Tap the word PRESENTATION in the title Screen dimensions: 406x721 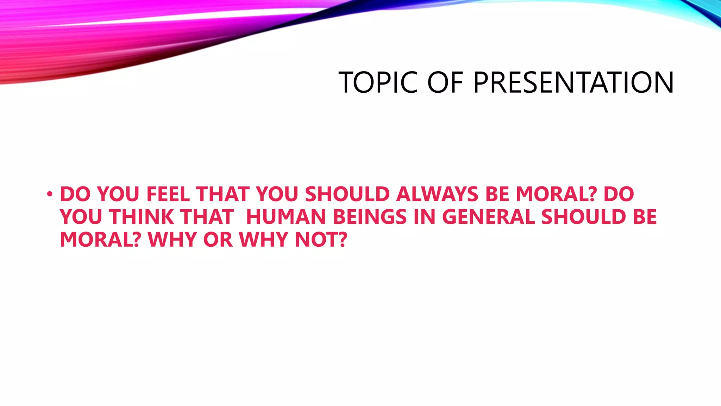(573, 82)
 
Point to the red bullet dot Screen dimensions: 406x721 (50, 194)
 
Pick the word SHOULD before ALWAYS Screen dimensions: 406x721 (347, 194)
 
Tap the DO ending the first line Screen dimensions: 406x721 (619, 194)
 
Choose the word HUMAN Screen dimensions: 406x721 (286, 217)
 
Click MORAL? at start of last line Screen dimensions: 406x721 (100, 240)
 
